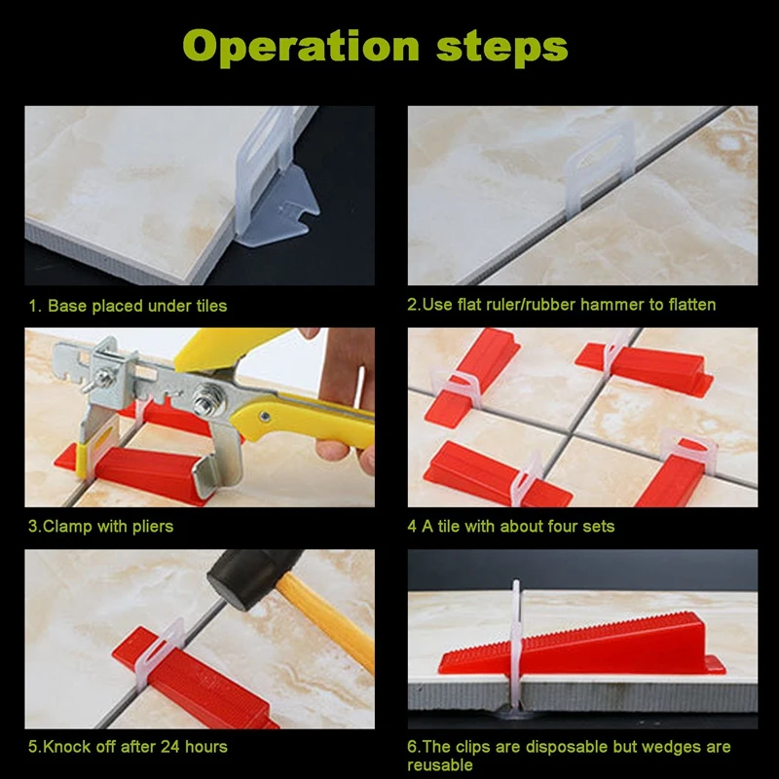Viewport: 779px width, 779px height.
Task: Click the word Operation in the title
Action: [301, 47]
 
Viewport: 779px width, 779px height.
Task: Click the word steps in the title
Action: [501, 47]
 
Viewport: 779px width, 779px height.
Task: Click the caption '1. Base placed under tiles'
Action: [128, 306]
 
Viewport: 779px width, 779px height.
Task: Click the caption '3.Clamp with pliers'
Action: [101, 526]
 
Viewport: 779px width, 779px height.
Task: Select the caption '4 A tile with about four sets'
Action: [510, 526]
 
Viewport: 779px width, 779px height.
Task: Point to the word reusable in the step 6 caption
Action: [440, 765]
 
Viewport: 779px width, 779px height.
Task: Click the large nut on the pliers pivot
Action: [204, 396]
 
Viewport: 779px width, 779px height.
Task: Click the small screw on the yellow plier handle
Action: [265, 417]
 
